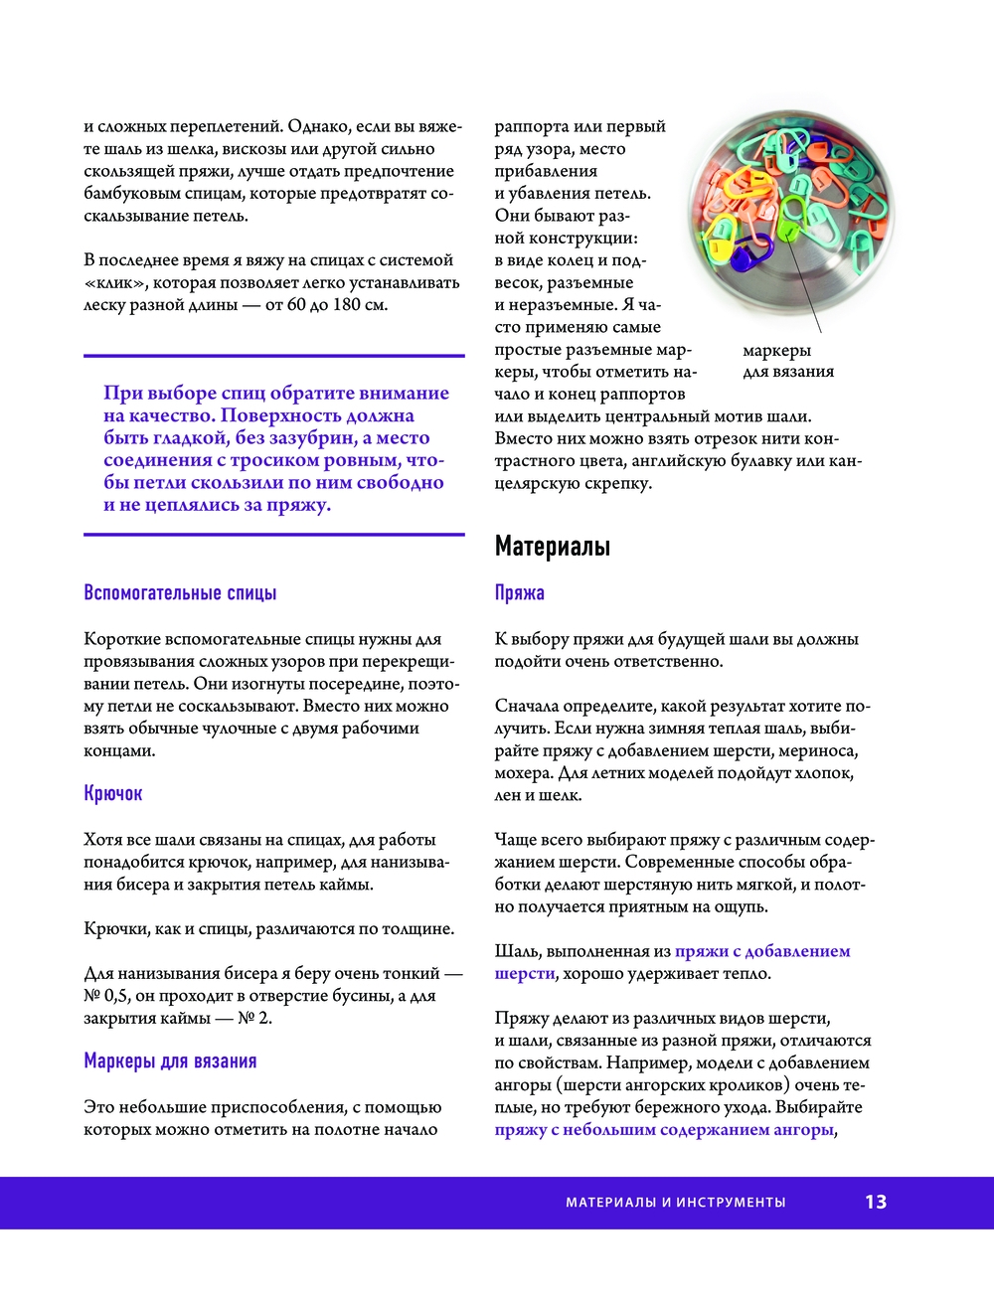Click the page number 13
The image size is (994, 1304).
(875, 1202)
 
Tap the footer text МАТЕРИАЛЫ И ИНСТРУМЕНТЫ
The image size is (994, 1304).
(675, 1203)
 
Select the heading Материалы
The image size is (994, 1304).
(553, 546)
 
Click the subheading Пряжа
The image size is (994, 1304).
(520, 593)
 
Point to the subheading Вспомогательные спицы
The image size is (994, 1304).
(180, 593)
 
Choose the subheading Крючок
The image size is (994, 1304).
(113, 794)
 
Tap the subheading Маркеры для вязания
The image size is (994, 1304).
(170, 1061)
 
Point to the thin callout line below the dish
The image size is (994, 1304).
(808, 298)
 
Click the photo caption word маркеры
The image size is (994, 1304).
(776, 350)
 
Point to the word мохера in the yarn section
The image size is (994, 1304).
(522, 773)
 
